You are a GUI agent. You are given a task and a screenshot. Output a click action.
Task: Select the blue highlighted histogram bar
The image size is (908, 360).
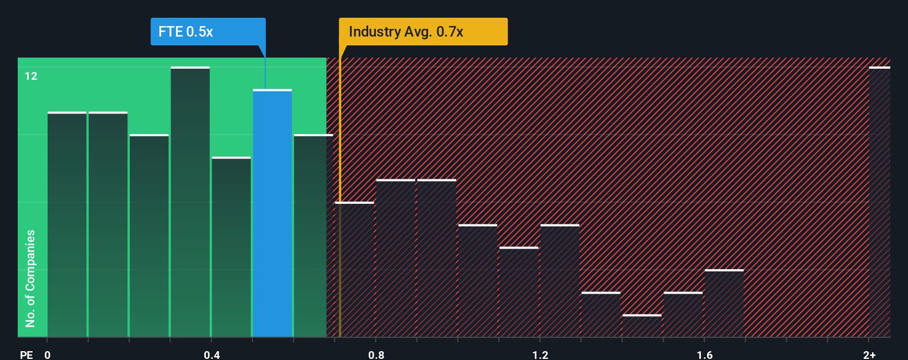click(272, 213)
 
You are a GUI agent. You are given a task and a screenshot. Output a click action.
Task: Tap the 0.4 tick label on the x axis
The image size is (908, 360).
click(211, 354)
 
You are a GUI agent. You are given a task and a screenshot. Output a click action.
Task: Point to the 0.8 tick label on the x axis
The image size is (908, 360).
click(376, 354)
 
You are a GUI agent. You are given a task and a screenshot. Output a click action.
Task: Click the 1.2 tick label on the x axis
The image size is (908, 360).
click(540, 354)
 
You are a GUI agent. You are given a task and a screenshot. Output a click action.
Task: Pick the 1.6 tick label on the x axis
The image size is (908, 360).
click(704, 354)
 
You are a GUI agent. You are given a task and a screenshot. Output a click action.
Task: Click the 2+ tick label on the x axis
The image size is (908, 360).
click(869, 354)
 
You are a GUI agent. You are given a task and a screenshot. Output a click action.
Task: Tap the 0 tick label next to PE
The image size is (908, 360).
click(48, 354)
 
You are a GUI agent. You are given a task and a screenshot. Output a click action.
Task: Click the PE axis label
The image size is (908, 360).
click(26, 354)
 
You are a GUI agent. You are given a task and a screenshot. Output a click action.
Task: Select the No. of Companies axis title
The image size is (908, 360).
click(30, 278)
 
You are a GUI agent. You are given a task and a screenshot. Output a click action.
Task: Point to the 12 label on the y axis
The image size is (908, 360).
click(31, 76)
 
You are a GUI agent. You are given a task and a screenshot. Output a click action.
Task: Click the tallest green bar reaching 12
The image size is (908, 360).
click(190, 202)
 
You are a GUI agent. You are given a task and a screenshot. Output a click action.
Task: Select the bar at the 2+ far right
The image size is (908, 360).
click(879, 202)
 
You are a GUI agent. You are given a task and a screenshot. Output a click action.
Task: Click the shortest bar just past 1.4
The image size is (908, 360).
click(642, 326)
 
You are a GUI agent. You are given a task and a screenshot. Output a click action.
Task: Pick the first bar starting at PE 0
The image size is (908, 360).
click(67, 224)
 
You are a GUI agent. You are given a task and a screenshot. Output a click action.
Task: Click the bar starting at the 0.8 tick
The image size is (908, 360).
click(395, 258)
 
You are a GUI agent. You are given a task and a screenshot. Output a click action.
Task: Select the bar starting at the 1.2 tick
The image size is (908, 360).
click(560, 281)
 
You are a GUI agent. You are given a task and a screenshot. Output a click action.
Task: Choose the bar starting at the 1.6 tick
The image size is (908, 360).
click(724, 304)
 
